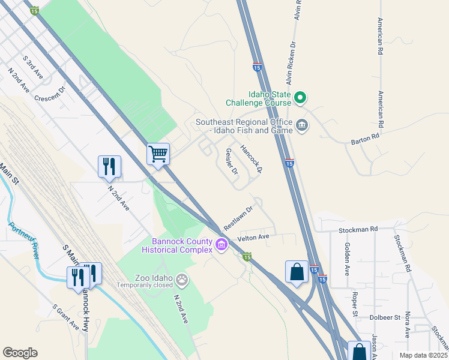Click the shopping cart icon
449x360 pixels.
click(158, 154)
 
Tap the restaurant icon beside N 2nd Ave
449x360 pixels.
click(109, 166)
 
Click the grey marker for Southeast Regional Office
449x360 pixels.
click(302, 125)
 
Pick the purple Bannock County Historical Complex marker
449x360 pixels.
click(221, 245)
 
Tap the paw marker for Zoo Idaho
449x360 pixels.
click(181, 279)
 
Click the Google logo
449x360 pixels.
click(20, 353)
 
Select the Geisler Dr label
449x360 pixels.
click(232, 162)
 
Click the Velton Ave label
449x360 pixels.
click(255, 238)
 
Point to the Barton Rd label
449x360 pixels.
click(366, 141)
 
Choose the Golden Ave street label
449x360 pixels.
click(347, 259)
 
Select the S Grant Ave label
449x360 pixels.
click(65, 316)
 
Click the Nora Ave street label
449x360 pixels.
click(407, 325)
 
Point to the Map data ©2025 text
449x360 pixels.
click(423, 355)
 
